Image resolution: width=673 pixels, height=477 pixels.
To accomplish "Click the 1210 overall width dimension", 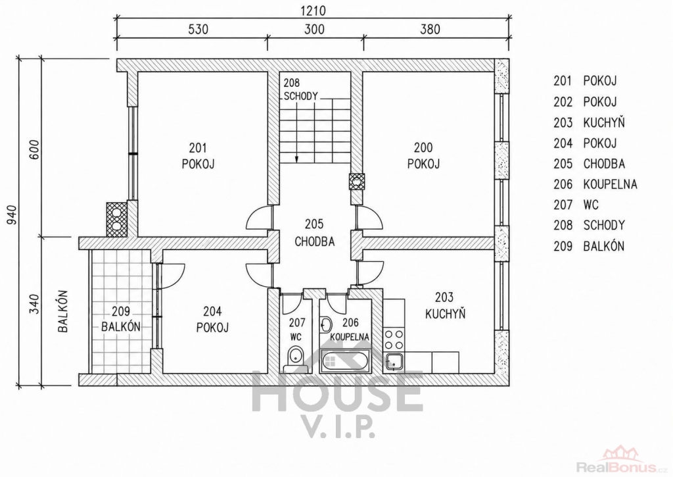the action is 313,11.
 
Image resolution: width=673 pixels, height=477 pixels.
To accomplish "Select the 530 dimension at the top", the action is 198,29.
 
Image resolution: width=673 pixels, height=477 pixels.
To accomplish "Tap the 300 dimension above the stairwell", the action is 314,29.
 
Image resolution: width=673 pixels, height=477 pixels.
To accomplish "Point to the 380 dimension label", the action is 430,29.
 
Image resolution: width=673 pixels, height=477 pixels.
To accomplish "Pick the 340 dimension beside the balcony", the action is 35,304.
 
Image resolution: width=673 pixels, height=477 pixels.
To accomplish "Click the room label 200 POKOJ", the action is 424,156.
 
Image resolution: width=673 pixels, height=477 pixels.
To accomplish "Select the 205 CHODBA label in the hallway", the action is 315,233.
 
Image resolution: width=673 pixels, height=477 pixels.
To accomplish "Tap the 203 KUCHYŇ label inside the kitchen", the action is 445,305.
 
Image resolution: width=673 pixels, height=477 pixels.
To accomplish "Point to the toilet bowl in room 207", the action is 295,356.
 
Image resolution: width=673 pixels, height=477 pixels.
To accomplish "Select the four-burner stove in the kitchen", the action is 394,339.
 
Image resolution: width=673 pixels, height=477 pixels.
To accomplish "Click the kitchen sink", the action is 394,362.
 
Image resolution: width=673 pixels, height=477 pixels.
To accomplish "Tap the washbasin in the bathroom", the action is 325,324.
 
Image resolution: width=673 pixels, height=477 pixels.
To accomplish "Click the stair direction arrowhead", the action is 296,159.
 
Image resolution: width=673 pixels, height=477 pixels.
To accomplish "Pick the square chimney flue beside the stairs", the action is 357,182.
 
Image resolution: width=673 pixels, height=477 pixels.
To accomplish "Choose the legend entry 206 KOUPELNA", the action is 595,184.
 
